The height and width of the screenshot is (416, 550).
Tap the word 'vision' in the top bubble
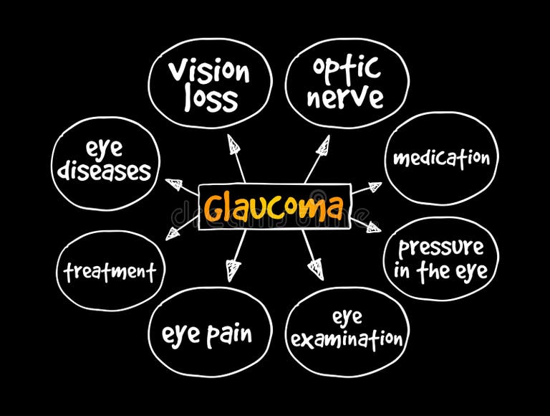point(209,72)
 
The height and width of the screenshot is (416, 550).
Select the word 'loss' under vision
point(210,99)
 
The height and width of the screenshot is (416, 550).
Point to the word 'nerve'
point(347,97)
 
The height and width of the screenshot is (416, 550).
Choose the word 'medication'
point(442,157)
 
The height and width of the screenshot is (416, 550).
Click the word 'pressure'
point(441,247)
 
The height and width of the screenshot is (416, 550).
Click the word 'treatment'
point(110,272)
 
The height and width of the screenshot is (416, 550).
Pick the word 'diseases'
point(105,171)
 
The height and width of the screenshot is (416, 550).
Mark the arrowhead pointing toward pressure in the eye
point(373,227)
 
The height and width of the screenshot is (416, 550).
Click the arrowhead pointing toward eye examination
point(314,270)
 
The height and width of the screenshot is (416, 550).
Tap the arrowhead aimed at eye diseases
point(174,185)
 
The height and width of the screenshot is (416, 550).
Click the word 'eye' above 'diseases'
point(105,148)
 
